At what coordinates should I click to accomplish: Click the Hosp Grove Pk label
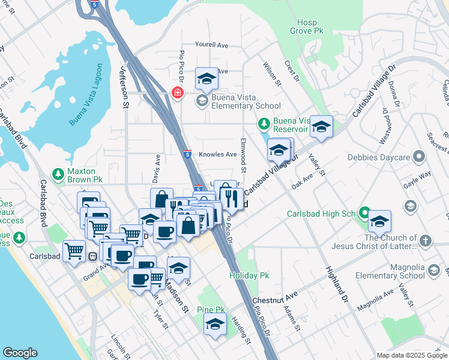(303, 26)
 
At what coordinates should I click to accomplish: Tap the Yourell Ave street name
(212, 45)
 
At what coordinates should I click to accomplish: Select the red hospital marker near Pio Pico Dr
(178, 92)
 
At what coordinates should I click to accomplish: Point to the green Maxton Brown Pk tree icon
(58, 174)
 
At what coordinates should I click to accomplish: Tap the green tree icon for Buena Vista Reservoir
(263, 124)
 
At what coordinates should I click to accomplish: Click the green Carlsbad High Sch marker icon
(364, 213)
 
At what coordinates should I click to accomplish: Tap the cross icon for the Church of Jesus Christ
(425, 241)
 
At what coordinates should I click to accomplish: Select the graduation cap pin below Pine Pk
(215, 325)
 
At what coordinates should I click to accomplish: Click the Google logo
(20, 352)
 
